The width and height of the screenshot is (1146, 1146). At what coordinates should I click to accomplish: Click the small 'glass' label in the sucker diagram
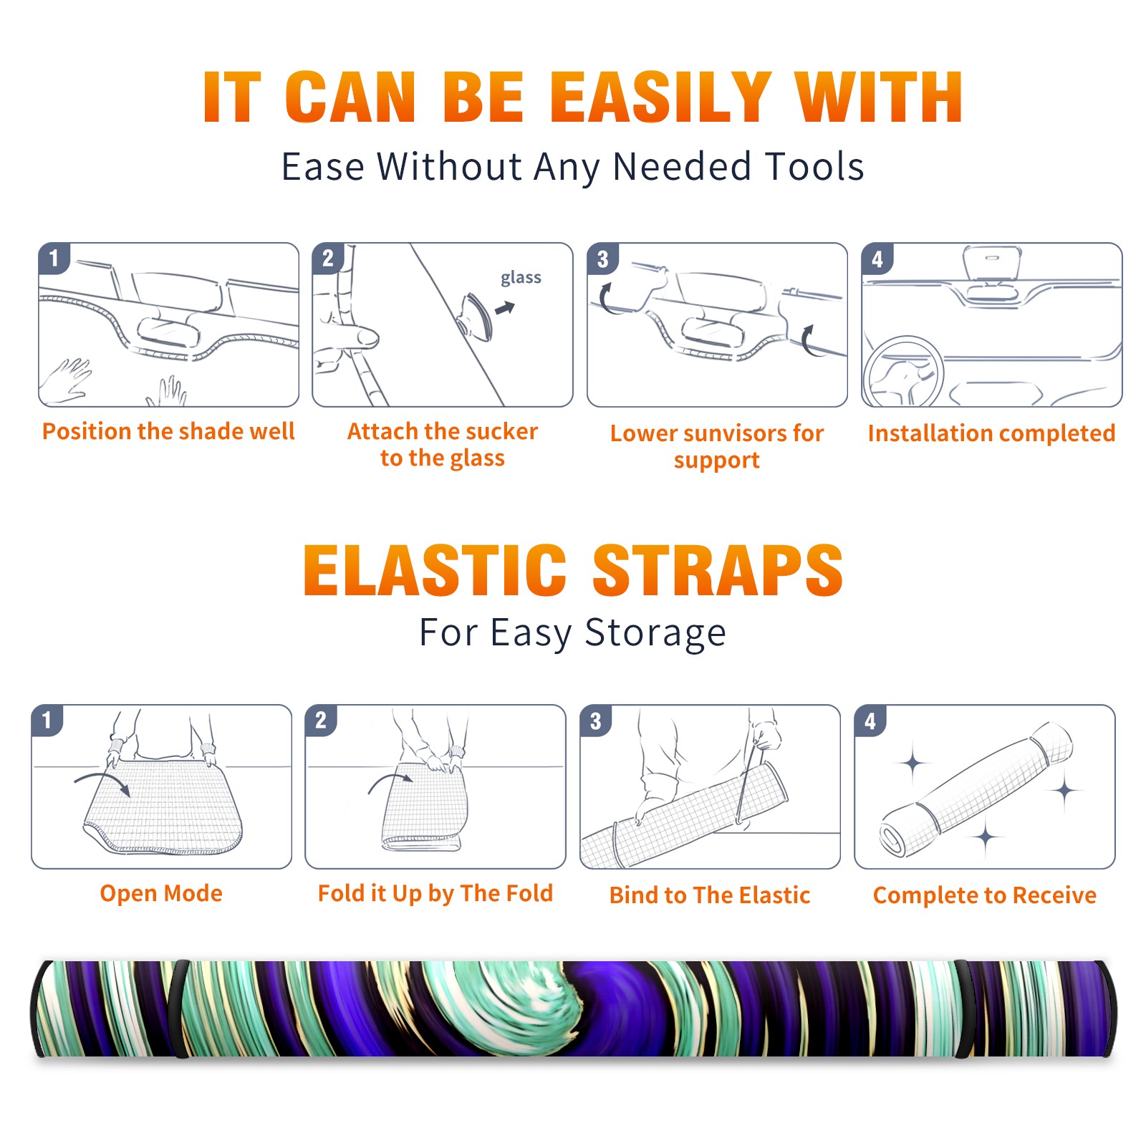tap(521, 278)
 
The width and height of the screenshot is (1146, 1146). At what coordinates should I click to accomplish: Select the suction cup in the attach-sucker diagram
tap(476, 316)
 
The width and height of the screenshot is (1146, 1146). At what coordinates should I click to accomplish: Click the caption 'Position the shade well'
tap(168, 431)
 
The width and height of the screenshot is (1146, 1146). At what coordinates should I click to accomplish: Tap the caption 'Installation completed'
tap(991, 433)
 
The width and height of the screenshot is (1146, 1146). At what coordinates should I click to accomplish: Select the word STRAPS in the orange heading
tap(718, 570)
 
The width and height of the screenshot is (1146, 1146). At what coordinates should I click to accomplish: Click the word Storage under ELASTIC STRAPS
tap(655, 633)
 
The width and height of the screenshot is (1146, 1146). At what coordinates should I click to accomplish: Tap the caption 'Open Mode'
tap(161, 893)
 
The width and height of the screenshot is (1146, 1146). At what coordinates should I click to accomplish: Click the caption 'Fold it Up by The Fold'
tap(435, 893)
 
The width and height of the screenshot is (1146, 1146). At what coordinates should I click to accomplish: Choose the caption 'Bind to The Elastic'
tap(710, 895)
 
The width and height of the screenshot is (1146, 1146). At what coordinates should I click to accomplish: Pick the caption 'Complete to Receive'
tap(985, 895)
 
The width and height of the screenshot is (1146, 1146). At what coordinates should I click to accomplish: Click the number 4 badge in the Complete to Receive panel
tap(870, 721)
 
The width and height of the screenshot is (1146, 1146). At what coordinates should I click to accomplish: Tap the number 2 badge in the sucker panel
tap(328, 259)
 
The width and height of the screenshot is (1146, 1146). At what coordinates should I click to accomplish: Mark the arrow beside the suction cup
tap(506, 309)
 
